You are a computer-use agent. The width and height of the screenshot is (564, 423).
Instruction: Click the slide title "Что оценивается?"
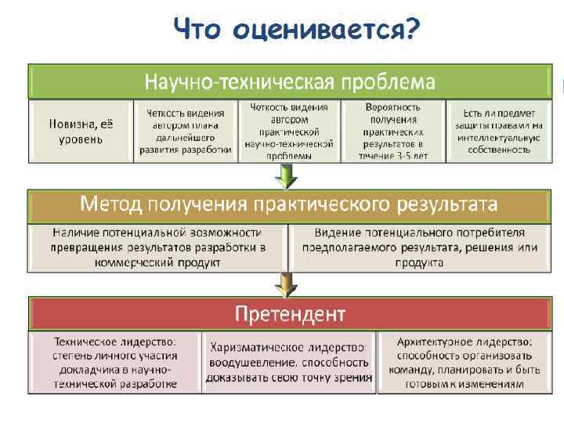click(297, 31)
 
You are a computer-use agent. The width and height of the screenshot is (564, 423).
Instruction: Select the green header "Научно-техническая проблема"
click(290, 81)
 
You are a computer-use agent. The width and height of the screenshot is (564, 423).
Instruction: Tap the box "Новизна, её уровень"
click(80, 131)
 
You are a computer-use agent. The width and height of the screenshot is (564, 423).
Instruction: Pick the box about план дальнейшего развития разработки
click(184, 131)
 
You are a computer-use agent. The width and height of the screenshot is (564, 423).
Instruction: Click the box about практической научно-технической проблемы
click(289, 131)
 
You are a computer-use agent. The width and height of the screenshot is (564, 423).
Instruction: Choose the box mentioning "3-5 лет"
click(393, 131)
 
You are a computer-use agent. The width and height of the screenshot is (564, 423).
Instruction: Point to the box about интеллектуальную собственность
click(497, 131)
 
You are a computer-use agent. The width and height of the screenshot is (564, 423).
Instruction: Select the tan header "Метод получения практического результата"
click(289, 205)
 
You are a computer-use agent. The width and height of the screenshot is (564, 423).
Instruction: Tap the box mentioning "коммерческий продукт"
click(158, 248)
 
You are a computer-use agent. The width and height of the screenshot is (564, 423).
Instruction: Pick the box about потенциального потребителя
click(420, 248)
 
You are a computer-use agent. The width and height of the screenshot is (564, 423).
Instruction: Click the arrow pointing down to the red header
click(289, 283)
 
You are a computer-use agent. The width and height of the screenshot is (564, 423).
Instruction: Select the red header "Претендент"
click(290, 314)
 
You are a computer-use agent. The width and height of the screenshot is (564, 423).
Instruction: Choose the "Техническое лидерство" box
click(114, 363)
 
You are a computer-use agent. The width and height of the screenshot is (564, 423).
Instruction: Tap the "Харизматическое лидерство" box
click(289, 363)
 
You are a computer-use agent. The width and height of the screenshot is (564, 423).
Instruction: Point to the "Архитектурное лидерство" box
click(464, 363)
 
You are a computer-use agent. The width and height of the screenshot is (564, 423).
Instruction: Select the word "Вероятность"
click(393, 107)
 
